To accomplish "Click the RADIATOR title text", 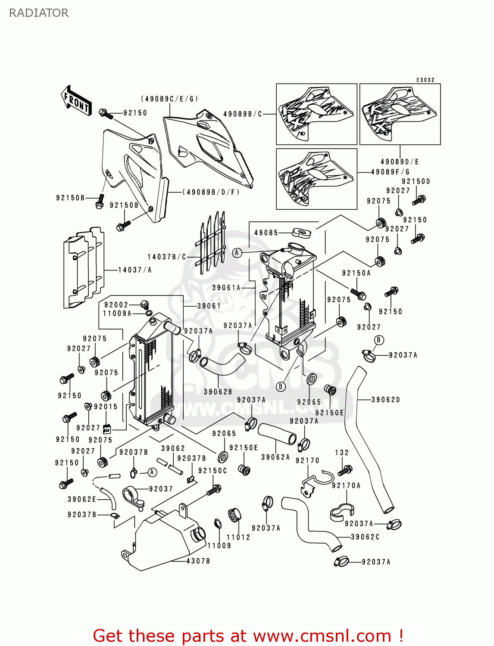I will [x=39, y=13].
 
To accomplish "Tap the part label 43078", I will [x=198, y=561].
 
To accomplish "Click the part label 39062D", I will [x=385, y=400].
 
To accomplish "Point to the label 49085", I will [x=266, y=233].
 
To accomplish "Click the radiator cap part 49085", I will [x=301, y=233].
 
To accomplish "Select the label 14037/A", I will [x=135, y=270].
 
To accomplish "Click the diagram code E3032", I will [x=425, y=80].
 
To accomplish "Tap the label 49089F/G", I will [x=390, y=171].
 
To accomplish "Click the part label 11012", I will [x=238, y=537].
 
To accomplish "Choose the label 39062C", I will [x=365, y=537].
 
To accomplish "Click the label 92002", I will [x=116, y=305].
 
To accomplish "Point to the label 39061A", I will [x=226, y=288].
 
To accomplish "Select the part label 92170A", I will [x=346, y=485].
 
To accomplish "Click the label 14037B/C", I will [x=166, y=257].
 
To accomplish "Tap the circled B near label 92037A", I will [x=378, y=340].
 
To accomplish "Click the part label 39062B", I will [x=218, y=392].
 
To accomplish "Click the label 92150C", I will [x=213, y=471].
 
